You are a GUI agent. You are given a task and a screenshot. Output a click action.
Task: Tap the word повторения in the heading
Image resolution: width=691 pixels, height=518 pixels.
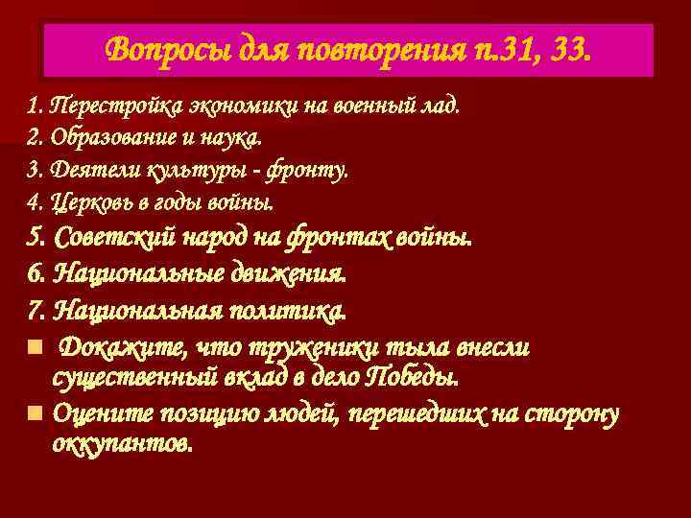pyautogui.click(x=368, y=48)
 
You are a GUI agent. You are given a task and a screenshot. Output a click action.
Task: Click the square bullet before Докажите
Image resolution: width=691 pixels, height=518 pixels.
pyautogui.click(x=35, y=346)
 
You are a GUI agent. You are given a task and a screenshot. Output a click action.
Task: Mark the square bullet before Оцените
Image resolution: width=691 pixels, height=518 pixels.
pyautogui.click(x=35, y=413)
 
